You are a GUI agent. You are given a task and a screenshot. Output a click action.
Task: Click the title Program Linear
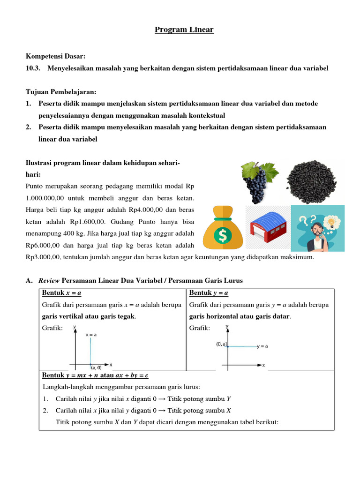[x=184, y=30]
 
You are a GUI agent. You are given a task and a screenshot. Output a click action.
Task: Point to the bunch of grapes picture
[x=258, y=180]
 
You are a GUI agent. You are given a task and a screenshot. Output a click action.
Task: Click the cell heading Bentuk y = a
[x=209, y=293]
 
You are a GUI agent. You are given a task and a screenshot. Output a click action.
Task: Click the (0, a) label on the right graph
[x=221, y=344]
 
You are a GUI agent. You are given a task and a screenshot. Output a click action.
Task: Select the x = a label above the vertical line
[x=92, y=335]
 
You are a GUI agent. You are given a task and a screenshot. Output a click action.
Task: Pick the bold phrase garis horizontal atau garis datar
[x=240, y=316]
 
